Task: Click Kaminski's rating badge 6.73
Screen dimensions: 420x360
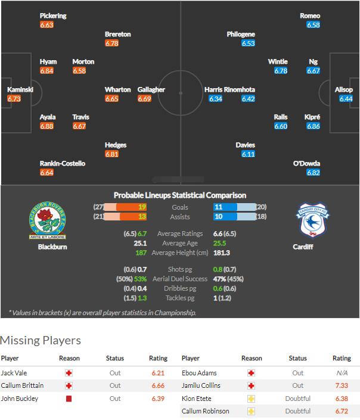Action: coord(14,98)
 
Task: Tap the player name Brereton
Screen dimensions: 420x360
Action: coord(117,35)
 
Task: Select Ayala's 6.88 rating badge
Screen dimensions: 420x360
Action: coord(46,126)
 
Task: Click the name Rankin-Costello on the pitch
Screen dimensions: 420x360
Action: coord(63,163)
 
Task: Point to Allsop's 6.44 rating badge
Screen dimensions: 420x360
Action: coord(346,98)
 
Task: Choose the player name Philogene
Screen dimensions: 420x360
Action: coord(241,35)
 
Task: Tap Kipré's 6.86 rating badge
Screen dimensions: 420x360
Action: coord(314,126)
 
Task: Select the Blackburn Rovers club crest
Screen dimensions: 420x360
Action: coord(48,221)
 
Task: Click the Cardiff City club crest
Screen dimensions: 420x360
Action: coord(314,221)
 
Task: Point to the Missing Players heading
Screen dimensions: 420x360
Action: coord(41,340)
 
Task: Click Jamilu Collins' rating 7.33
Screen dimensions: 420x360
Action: coord(342,385)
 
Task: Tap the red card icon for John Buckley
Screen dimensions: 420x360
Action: coord(69,399)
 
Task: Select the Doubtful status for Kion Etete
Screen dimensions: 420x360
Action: coord(298,399)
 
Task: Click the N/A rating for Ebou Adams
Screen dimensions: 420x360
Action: coord(342,372)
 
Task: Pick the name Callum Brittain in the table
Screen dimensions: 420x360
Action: coord(23,385)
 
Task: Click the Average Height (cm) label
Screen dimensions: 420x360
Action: coord(179,253)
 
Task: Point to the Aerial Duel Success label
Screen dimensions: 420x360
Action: coord(179,279)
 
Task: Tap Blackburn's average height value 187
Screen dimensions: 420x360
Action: coord(141,253)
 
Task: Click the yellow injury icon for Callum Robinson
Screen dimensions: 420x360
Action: coord(251,412)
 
